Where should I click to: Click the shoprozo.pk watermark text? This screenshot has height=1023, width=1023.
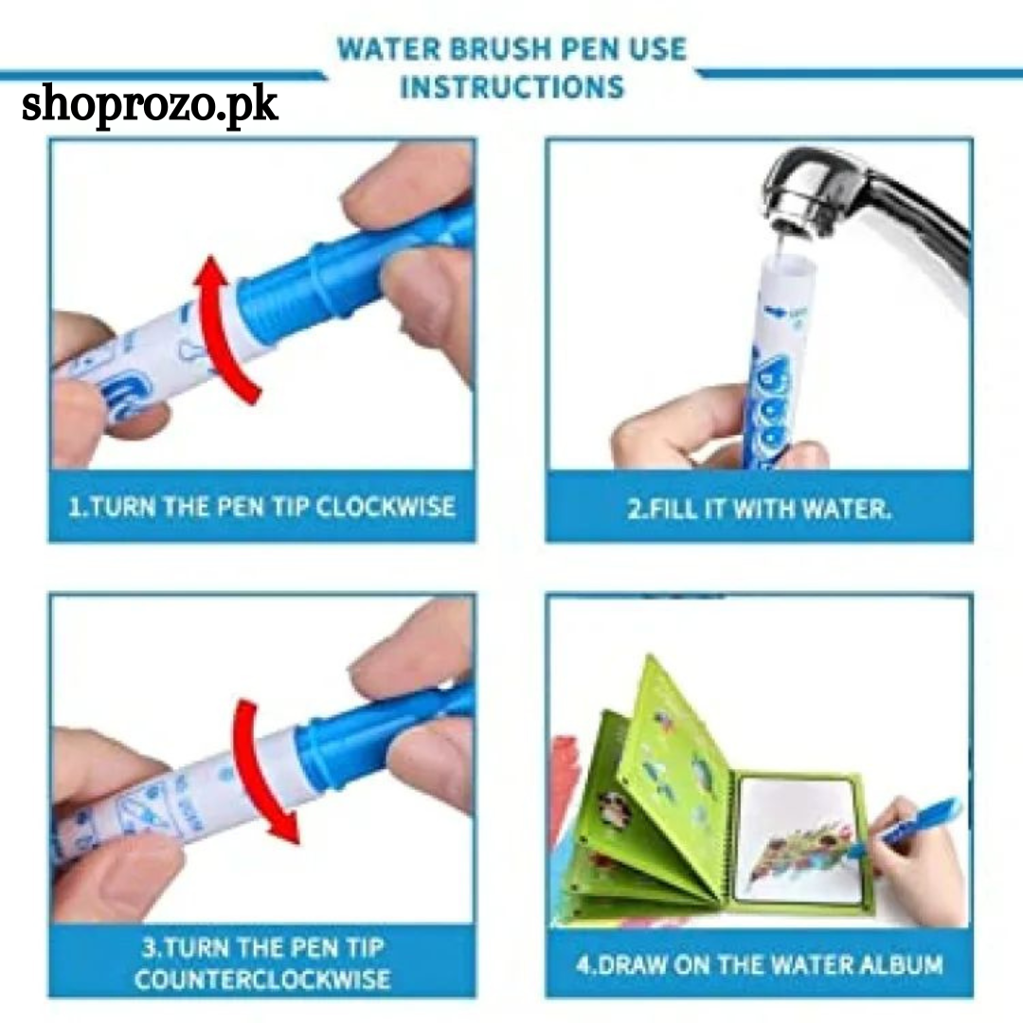pos(150,105)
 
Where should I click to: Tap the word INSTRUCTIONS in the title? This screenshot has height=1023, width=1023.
pos(512,87)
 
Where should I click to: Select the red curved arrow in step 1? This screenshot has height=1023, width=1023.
pos(225,330)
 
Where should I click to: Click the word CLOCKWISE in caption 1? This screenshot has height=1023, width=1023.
pos(385,507)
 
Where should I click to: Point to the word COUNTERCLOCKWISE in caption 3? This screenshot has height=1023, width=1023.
pos(262,978)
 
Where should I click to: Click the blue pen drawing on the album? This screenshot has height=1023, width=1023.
pos(906,825)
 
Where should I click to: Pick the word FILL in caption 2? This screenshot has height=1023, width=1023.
pos(672,509)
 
